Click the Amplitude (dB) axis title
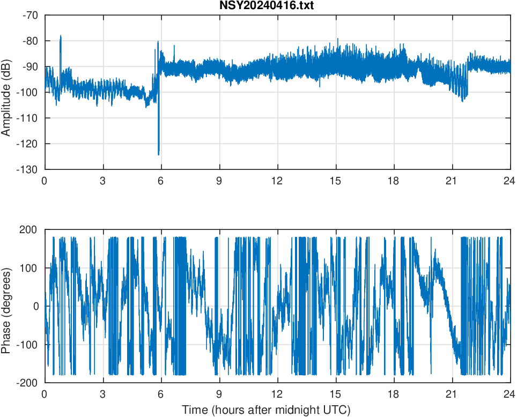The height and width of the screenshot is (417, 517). (6, 92)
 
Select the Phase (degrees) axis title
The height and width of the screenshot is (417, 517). (6, 306)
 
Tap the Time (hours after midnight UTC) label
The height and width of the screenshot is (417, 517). (267, 411)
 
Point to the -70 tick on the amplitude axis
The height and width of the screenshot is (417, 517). (30, 15)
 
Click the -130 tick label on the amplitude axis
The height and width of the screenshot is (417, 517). (28, 169)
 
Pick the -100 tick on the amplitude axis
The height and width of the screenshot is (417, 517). (28, 92)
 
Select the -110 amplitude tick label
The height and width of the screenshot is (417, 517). (28, 118)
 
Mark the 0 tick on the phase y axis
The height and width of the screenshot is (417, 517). (36, 306)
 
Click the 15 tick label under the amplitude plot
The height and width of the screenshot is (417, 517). (336, 181)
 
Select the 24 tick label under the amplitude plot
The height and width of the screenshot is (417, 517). (509, 181)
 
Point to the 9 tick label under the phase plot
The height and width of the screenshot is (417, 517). (219, 394)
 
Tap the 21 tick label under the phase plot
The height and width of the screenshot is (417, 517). (452, 394)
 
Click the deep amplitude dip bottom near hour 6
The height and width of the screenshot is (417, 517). (159, 155)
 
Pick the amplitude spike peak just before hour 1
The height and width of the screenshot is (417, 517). (61, 36)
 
